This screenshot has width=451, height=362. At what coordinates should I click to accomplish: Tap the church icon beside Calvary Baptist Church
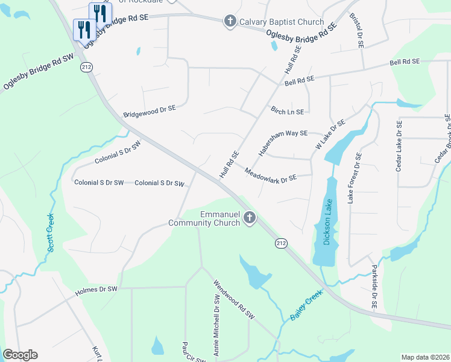[229, 22]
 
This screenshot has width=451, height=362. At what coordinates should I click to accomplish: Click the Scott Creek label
[51, 232]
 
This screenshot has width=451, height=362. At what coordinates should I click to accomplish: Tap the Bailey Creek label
[306, 305]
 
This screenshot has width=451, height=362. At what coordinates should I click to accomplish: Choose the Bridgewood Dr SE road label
[149, 111]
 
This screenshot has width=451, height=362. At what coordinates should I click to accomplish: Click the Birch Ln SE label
[288, 112]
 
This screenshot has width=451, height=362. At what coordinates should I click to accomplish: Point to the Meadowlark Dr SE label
[271, 176]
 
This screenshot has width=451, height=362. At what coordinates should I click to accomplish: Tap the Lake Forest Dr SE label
[354, 177]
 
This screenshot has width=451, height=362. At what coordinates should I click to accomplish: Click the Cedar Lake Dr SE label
[399, 147]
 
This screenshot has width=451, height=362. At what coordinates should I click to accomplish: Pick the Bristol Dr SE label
[359, 31]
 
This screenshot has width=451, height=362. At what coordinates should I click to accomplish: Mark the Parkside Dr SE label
[374, 287]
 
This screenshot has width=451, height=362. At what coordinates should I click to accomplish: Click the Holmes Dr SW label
[96, 290]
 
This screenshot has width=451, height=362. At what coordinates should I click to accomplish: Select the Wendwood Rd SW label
[235, 300]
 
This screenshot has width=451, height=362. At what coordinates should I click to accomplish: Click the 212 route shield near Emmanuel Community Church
[281, 243]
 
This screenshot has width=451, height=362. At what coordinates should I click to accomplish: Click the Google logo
[20, 355]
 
